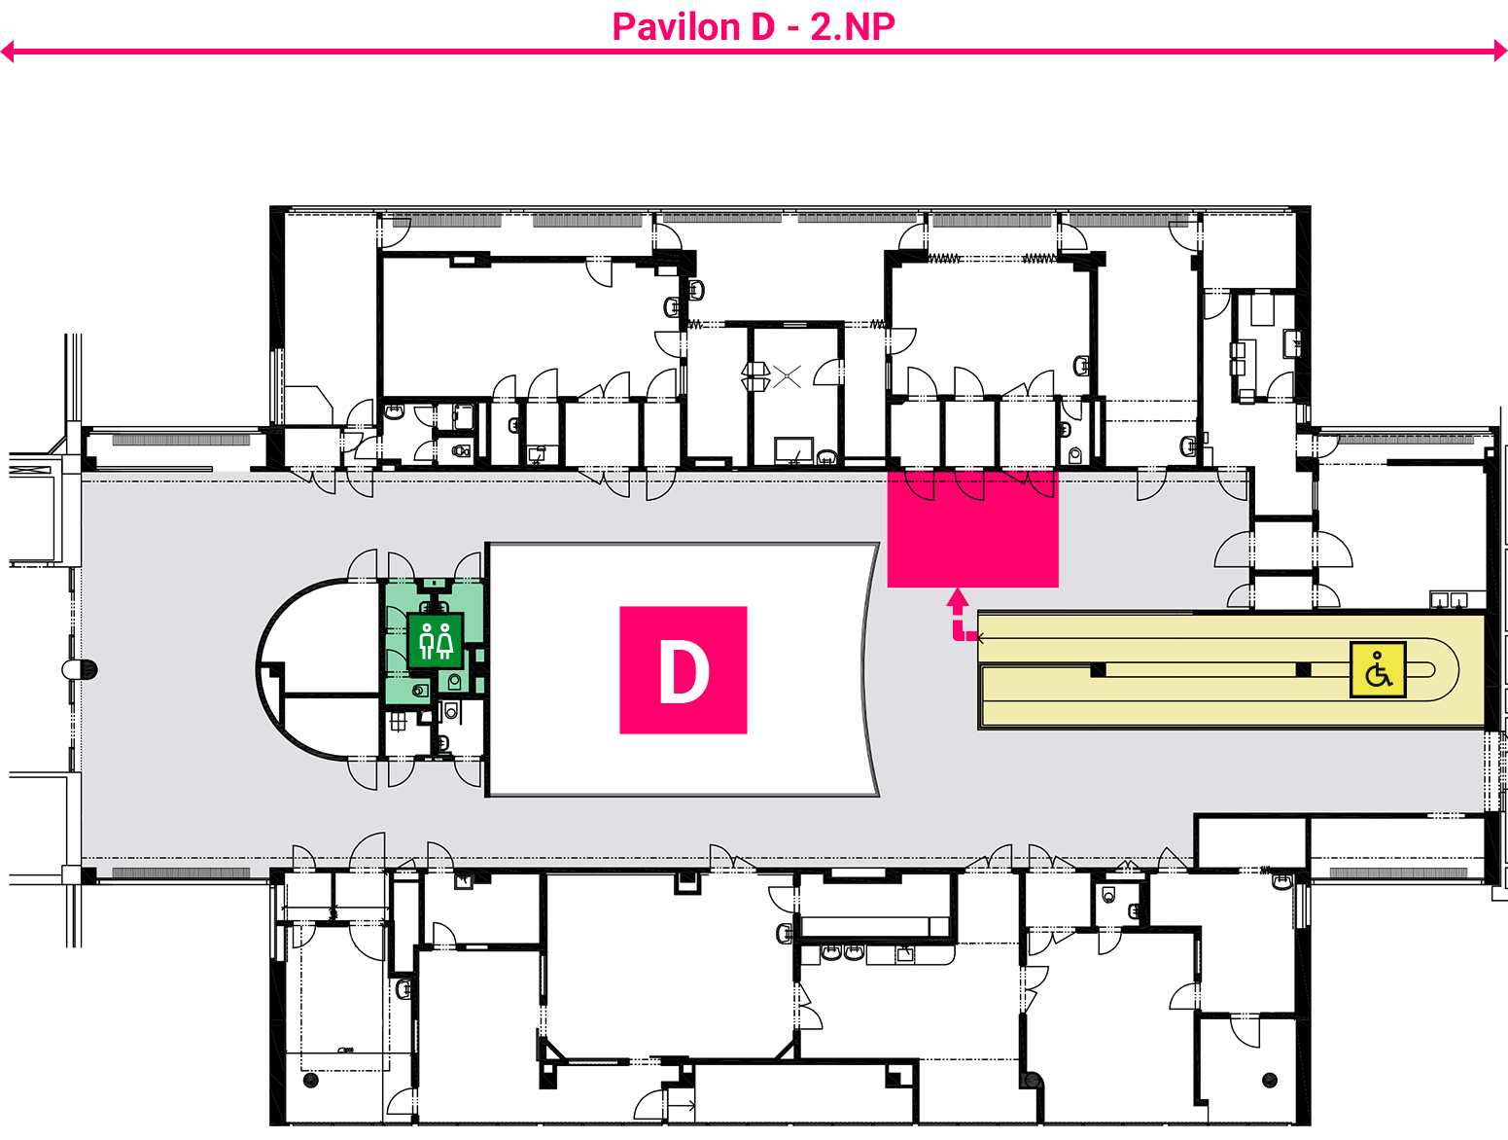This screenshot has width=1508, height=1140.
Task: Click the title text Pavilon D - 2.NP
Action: [753, 27]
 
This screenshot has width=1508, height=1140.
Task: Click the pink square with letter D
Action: [683, 669]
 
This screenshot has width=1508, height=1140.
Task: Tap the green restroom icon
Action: [436, 641]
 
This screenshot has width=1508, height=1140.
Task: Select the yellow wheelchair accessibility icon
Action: [1378, 669]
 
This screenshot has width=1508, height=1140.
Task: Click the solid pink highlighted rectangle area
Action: [972, 528]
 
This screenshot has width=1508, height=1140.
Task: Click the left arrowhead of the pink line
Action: [8, 51]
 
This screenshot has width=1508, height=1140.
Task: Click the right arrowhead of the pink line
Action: [1500, 51]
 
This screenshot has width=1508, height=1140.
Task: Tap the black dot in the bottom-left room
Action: [310, 1081]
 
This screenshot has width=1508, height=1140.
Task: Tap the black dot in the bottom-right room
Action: [1270, 1081]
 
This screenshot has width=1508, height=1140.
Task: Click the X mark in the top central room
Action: [787, 375]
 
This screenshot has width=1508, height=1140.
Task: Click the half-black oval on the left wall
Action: [80, 669]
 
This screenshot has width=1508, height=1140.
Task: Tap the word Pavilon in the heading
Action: [676, 27]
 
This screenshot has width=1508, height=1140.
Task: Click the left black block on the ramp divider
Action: [1098, 669]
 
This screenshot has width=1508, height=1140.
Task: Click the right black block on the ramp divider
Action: [1303, 669]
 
